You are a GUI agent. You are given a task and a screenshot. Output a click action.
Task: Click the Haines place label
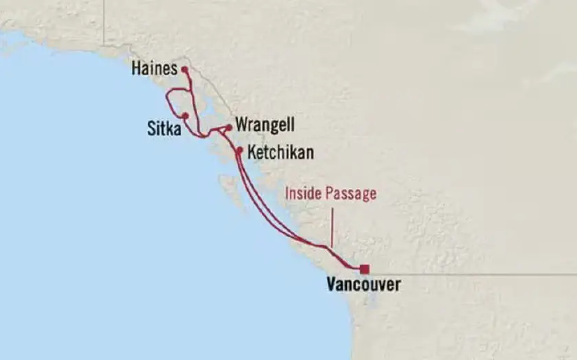pyautogui.click(x=154, y=69)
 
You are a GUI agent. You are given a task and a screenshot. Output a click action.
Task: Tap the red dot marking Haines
pyautogui.click(x=184, y=69)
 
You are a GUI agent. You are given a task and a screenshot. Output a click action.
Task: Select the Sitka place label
pyautogui.click(x=164, y=128)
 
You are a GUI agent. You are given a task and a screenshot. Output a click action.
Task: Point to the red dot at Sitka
pyautogui.click(x=185, y=115)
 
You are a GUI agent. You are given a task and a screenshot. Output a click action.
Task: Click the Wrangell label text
pyautogui.click(x=264, y=125)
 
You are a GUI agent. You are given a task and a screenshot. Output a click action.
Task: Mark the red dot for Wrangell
pyautogui.click(x=229, y=126)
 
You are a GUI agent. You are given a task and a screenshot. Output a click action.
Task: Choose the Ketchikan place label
pyautogui.click(x=280, y=153)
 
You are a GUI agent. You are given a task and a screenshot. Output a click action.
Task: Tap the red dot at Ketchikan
pyautogui.click(x=239, y=150)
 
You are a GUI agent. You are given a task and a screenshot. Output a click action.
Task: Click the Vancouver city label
pyautogui.click(x=363, y=284)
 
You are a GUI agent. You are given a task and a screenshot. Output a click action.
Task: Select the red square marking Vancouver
pyautogui.click(x=364, y=269)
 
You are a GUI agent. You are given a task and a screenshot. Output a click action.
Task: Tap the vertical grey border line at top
pyautogui.click(x=104, y=21)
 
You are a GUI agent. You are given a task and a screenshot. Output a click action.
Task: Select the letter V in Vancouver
pyautogui.click(x=332, y=284)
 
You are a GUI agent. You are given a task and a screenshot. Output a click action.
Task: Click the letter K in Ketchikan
pyautogui.click(x=252, y=153)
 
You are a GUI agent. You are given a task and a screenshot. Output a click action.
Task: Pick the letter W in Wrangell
pyautogui.click(x=241, y=125)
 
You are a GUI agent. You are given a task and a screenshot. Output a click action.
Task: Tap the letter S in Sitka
pyautogui.click(x=151, y=128)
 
